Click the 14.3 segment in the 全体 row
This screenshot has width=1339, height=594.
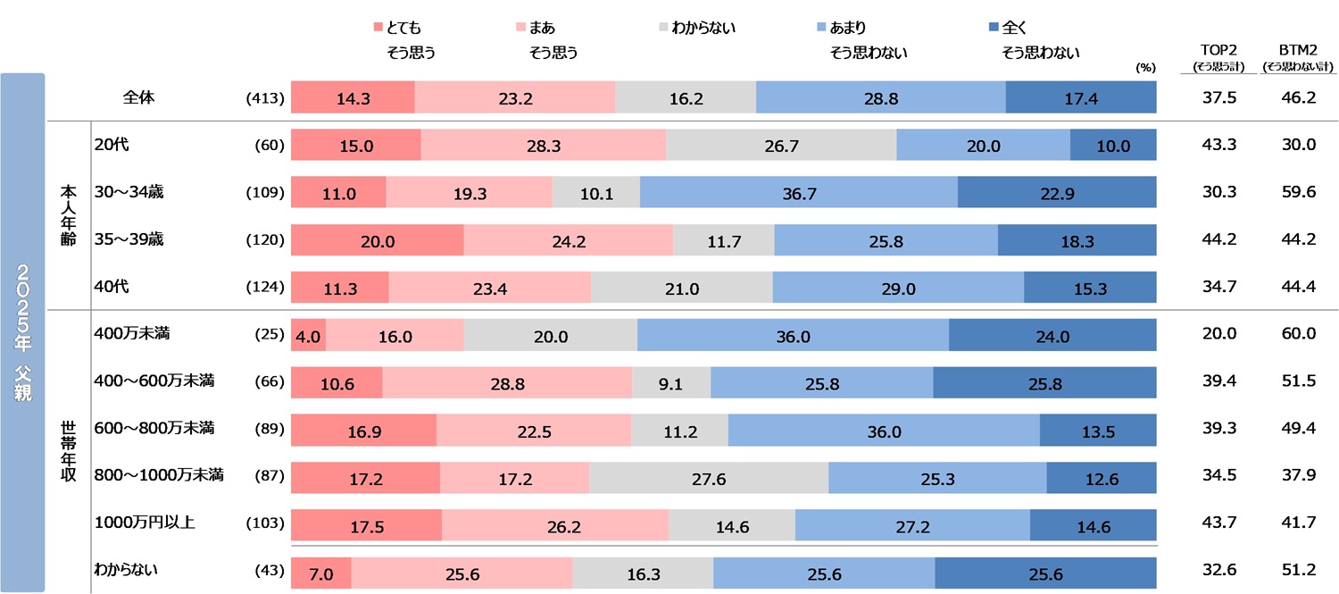point(353,98)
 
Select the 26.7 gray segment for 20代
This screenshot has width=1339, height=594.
point(781,146)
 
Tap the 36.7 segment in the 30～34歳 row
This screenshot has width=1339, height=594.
point(799,193)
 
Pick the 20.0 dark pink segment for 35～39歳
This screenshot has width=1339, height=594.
point(378,240)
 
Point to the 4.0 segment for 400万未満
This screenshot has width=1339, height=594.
point(309,336)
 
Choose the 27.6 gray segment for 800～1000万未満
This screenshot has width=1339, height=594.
point(709,479)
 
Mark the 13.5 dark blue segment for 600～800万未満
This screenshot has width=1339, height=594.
point(1098,431)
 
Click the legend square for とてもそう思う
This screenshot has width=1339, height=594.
point(378,29)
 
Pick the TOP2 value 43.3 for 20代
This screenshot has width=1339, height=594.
point(1219,146)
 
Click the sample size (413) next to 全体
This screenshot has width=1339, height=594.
point(264,99)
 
